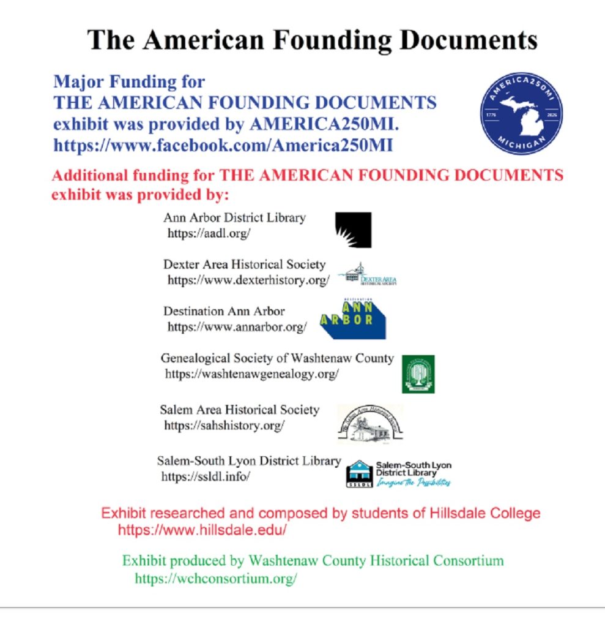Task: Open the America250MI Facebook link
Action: coord(223,146)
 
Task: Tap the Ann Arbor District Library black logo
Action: coord(353,230)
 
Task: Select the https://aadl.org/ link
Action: coord(209,233)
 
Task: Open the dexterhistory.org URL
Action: coord(248,280)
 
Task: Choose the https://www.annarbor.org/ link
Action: coord(237,327)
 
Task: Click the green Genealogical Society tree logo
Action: coord(418,374)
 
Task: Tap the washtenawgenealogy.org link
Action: coord(251,374)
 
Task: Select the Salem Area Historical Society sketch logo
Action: coord(370,422)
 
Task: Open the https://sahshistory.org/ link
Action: coord(224,426)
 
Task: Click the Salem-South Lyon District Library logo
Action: coord(398,473)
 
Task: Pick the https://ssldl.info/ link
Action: coord(206,476)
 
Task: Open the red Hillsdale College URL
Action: coord(202,530)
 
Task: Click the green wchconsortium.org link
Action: coord(215,578)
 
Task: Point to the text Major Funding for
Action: coord(129,81)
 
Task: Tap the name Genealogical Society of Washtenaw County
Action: coord(277,358)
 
